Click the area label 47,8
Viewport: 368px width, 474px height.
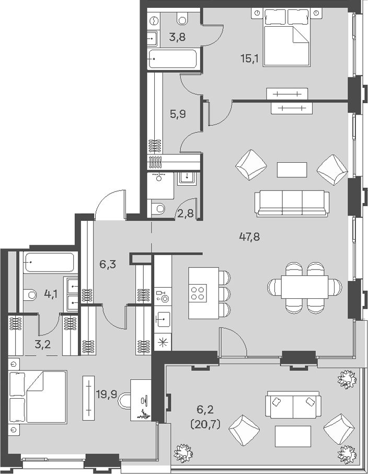point(249,236)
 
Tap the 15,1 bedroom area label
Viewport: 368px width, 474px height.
point(249,59)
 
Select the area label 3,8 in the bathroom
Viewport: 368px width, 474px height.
point(177,38)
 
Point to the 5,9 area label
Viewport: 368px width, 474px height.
point(178,114)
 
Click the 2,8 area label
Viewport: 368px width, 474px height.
point(186,213)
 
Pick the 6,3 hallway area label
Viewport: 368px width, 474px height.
point(108,265)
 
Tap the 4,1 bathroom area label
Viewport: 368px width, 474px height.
point(51,294)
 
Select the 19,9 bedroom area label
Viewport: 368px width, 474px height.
point(106,394)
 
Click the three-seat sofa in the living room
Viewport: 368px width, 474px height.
point(292,204)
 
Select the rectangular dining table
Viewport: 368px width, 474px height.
point(305,286)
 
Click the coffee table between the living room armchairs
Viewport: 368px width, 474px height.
point(292,170)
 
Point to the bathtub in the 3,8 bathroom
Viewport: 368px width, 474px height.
point(172,59)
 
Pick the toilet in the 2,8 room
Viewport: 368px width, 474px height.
point(158,208)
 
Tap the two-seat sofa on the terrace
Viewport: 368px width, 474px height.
point(293,405)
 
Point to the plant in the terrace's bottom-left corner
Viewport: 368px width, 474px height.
point(183,452)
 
